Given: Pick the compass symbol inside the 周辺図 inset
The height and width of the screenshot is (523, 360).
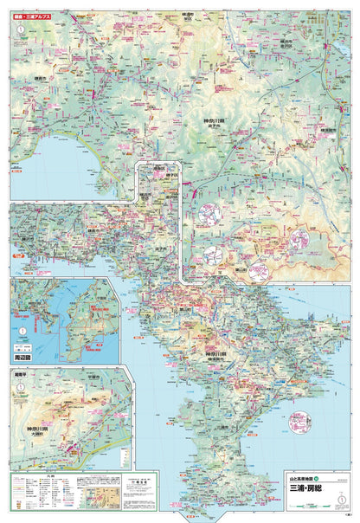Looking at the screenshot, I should pyautogui.click(x=20, y=330).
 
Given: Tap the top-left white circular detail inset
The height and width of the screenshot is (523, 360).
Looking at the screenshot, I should pyautogui.click(x=211, y=213).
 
